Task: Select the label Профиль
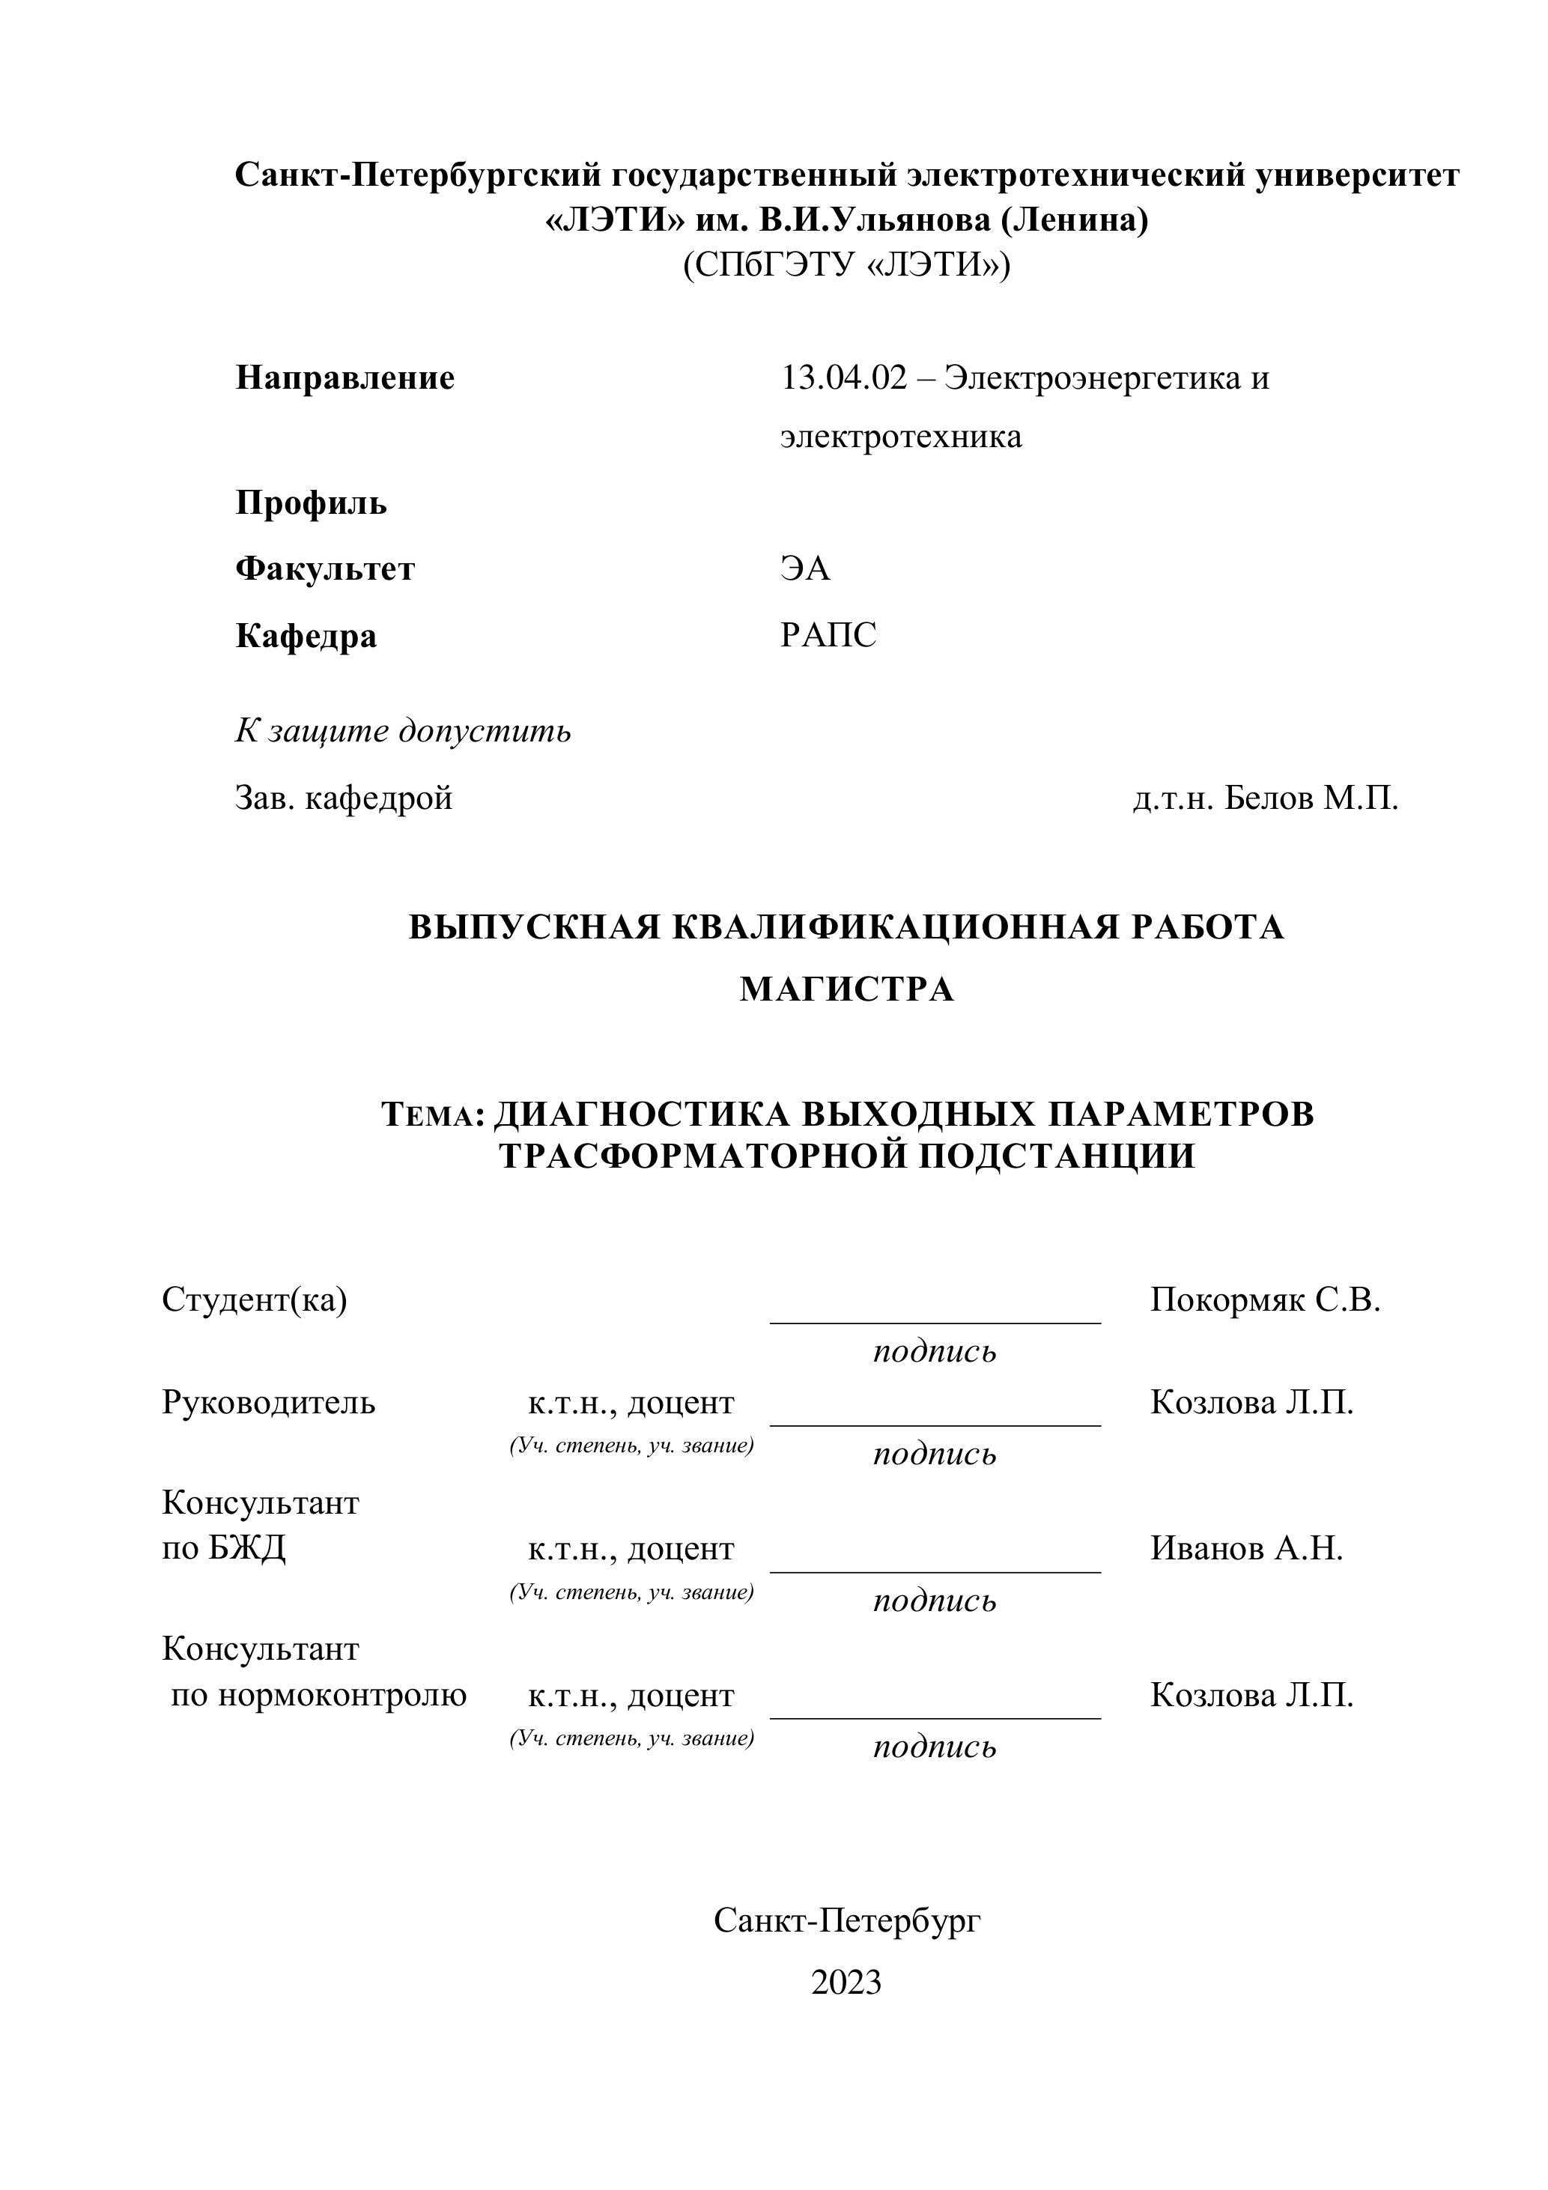click(x=311, y=503)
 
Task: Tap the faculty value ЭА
click(x=805, y=569)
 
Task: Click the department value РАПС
click(x=828, y=635)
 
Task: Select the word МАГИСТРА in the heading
click(x=846, y=990)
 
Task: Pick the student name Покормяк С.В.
click(x=1265, y=1299)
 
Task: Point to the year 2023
click(x=846, y=1982)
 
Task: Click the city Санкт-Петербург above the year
click(x=846, y=1920)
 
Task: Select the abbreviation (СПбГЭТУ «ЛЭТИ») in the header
click(x=846, y=264)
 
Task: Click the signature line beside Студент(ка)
click(x=935, y=1321)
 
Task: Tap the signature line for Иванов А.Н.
click(x=935, y=1570)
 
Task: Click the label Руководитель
click(x=268, y=1403)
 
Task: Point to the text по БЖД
click(x=223, y=1548)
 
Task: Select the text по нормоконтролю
click(x=318, y=1695)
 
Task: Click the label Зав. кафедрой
click(x=343, y=798)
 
